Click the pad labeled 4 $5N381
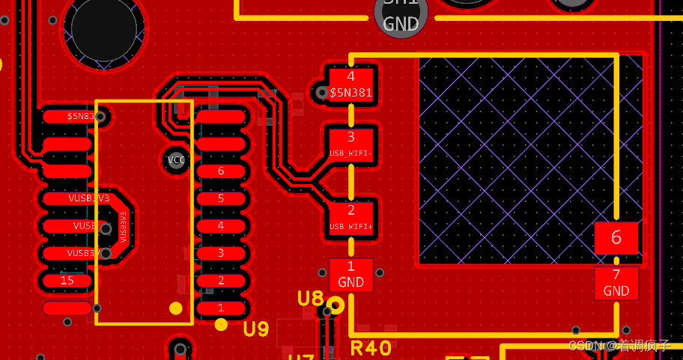(350, 84)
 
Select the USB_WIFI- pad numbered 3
(350, 143)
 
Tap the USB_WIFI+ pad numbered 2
(350, 217)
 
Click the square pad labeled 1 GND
(350, 274)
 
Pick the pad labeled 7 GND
(616, 283)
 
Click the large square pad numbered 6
(616, 238)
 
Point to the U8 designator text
(310, 299)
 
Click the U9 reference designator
(256, 329)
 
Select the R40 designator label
(371, 348)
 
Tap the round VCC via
(176, 160)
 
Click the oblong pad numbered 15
(67, 280)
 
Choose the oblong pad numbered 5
(221, 198)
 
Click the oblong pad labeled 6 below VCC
(221, 171)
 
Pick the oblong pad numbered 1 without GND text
(221, 308)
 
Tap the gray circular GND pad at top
(401, 15)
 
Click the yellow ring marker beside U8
(336, 305)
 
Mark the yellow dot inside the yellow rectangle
(176, 308)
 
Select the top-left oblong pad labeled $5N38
(71, 116)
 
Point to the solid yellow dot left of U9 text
(221, 324)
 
